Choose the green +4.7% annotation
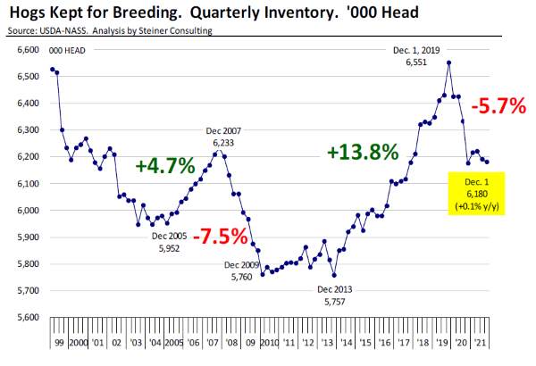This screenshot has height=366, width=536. [164, 165]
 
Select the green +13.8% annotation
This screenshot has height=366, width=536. [362, 152]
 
